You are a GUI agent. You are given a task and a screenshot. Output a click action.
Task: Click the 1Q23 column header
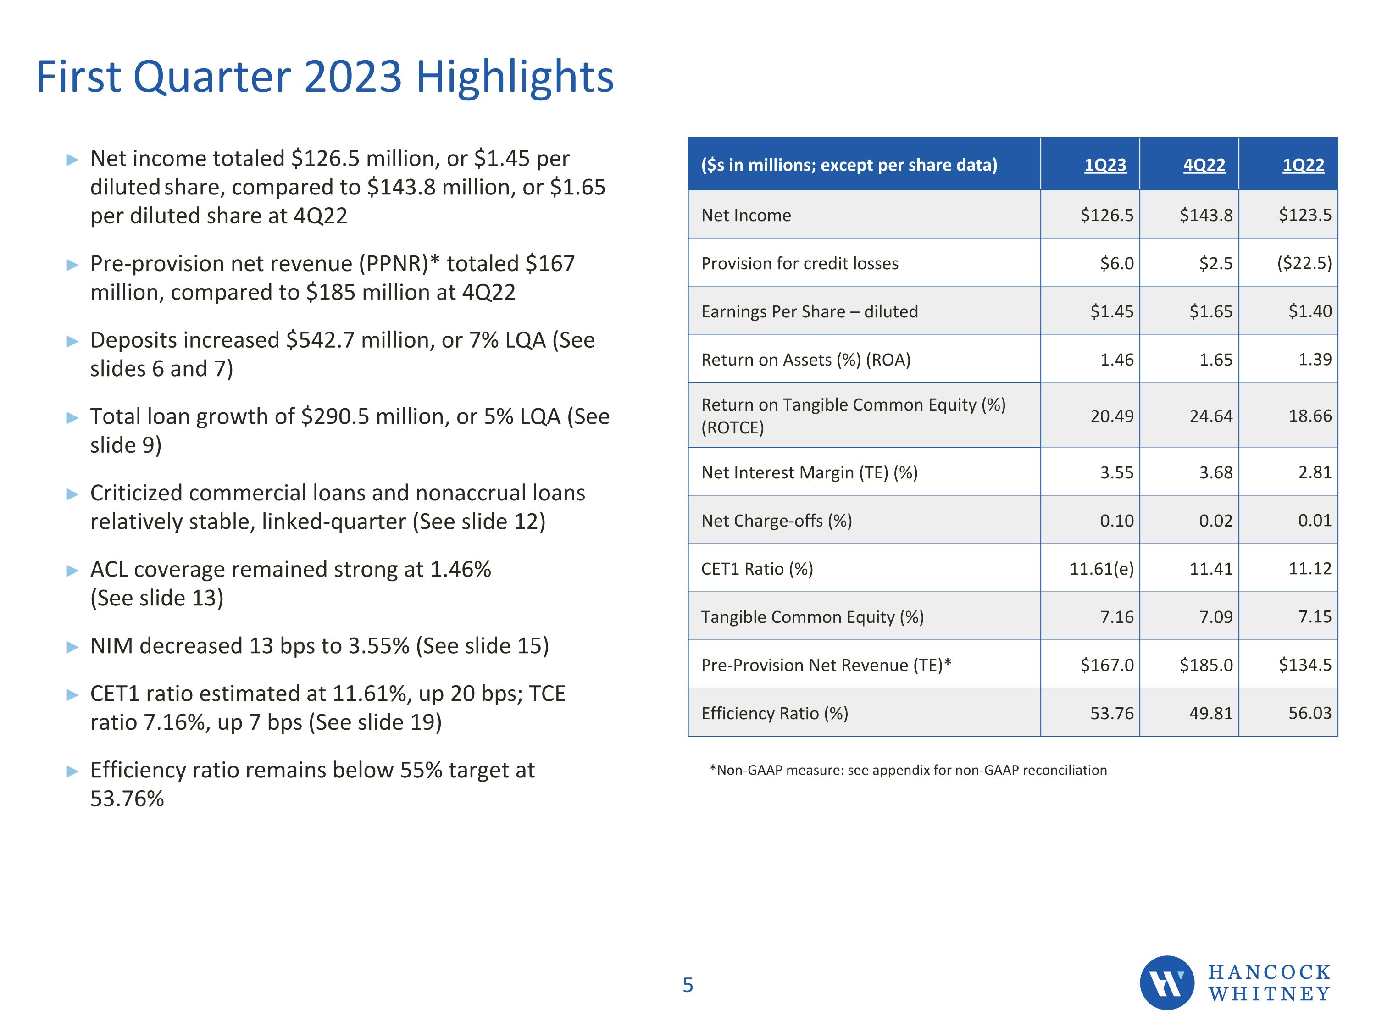[1105, 165]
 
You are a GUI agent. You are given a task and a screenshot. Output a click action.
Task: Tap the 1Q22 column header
[1303, 165]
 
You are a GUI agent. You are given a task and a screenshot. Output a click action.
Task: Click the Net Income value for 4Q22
[1205, 215]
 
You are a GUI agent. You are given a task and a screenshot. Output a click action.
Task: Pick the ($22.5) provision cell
[1304, 263]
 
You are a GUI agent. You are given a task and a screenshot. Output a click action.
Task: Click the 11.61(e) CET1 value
[1101, 569]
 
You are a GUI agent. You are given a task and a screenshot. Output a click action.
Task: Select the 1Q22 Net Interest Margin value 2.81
[1315, 472]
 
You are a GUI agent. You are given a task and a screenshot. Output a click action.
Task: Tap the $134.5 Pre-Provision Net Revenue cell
[1304, 665]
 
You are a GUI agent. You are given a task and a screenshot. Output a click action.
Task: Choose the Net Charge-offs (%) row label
[777, 521]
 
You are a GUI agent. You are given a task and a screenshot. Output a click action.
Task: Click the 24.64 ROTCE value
[1210, 416]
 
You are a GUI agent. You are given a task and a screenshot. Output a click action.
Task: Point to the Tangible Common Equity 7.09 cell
[1215, 617]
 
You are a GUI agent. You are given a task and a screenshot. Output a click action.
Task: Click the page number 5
[688, 985]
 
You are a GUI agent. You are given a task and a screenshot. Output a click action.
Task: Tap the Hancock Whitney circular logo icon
[1166, 983]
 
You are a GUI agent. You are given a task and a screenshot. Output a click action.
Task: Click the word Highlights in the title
[515, 77]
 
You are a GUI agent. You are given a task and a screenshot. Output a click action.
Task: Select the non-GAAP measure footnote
[908, 770]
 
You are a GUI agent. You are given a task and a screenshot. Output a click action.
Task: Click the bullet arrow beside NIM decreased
[72, 647]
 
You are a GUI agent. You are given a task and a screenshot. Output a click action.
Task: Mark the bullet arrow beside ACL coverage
[72, 571]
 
